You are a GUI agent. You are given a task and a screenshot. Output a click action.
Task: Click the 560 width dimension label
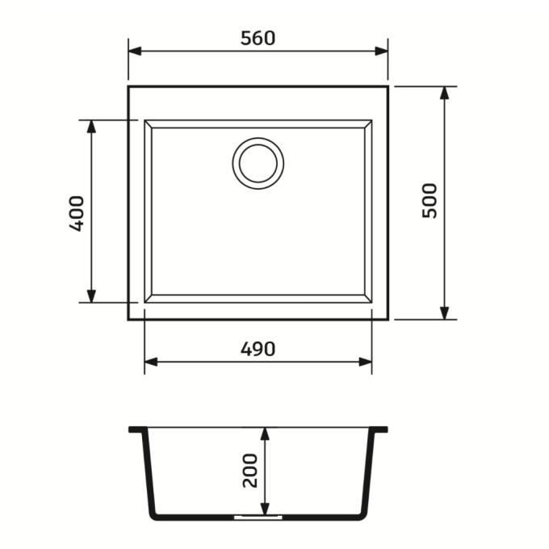coord(258,38)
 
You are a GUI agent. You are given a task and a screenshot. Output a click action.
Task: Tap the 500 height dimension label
coord(430,201)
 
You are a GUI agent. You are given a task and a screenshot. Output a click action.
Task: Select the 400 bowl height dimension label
coord(77,214)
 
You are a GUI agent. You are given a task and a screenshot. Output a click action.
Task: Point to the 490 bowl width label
coord(258,349)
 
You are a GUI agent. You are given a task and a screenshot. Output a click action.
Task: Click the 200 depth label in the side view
coord(250,471)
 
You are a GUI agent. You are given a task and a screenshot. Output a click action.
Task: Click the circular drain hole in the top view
coord(258,164)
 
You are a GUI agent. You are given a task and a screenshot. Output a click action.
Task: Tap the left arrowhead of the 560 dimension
coord(135,51)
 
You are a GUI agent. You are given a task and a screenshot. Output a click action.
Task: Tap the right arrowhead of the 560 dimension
coord(381,51)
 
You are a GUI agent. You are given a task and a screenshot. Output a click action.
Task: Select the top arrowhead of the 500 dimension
coord(444,93)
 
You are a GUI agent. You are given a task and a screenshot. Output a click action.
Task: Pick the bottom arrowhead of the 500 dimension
coord(444,313)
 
